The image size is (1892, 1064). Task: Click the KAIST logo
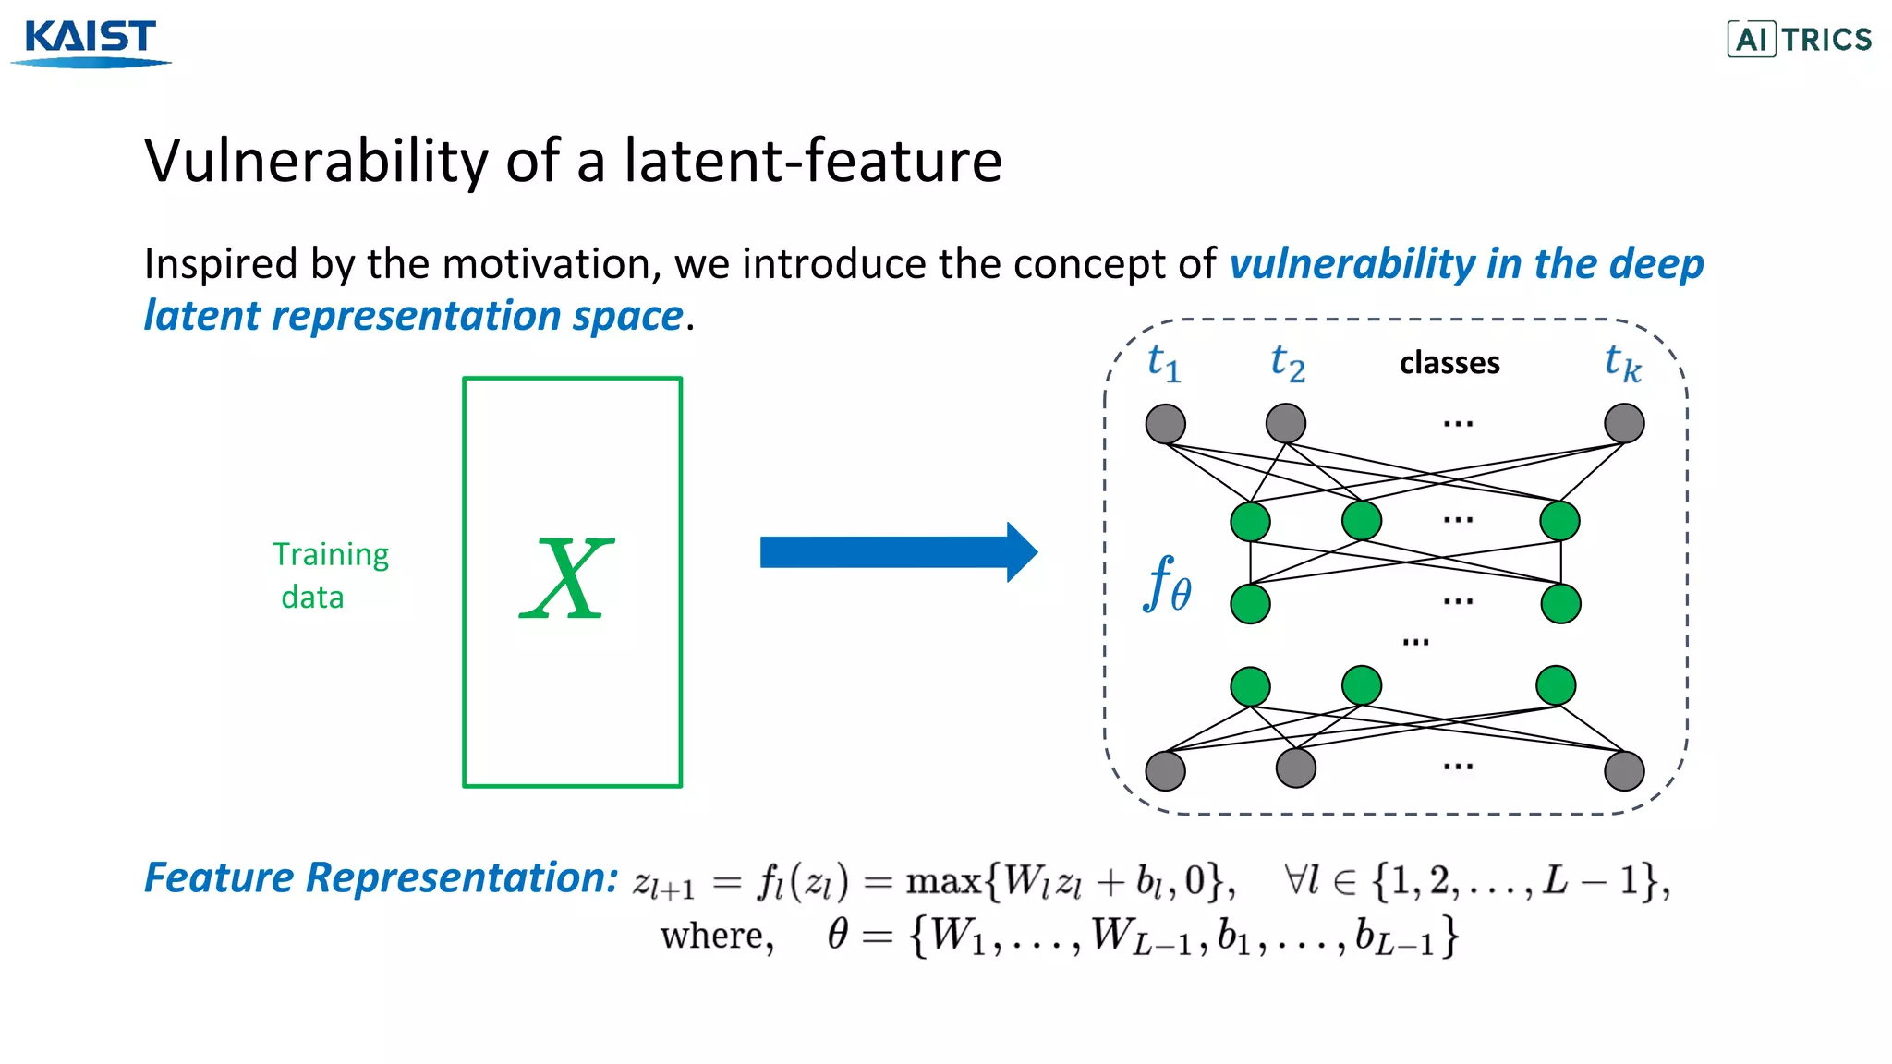[x=91, y=42]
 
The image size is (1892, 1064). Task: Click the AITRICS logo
[x=1799, y=40]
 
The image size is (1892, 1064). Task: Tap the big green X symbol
[x=567, y=579]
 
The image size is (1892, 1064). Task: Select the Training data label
[x=330, y=575]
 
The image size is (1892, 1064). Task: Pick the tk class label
[x=1622, y=363]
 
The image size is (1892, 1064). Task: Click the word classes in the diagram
[x=1449, y=363]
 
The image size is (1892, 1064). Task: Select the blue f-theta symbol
[x=1167, y=584]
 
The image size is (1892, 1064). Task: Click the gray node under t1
[x=1165, y=424]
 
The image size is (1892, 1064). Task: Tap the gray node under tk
[x=1624, y=423]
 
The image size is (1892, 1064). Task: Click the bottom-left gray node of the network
[x=1165, y=770]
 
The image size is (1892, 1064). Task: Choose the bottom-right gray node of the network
[x=1624, y=770]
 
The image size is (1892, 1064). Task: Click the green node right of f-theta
[x=1250, y=604]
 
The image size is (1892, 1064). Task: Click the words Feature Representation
[x=381, y=877]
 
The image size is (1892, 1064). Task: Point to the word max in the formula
[x=942, y=881]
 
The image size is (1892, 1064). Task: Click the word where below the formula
[x=716, y=937]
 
